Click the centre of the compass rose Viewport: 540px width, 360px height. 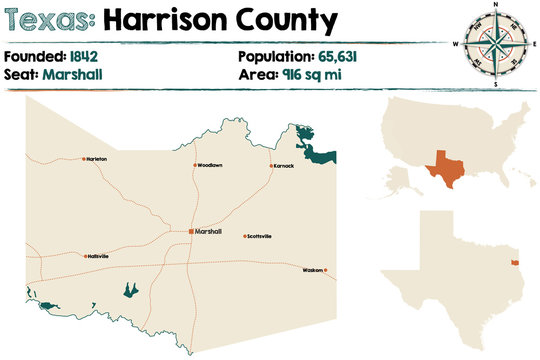[x=493, y=42]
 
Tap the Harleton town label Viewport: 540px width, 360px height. [x=97, y=159]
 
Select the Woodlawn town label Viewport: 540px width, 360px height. [x=209, y=165]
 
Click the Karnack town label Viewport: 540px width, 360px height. [x=284, y=165]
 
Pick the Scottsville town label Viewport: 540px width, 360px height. [x=260, y=236]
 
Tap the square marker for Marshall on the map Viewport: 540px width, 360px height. [x=191, y=231]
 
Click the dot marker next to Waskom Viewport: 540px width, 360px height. [x=325, y=270]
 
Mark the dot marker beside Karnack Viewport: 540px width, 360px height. [x=270, y=165]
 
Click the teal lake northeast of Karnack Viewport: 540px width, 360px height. [x=320, y=150]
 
